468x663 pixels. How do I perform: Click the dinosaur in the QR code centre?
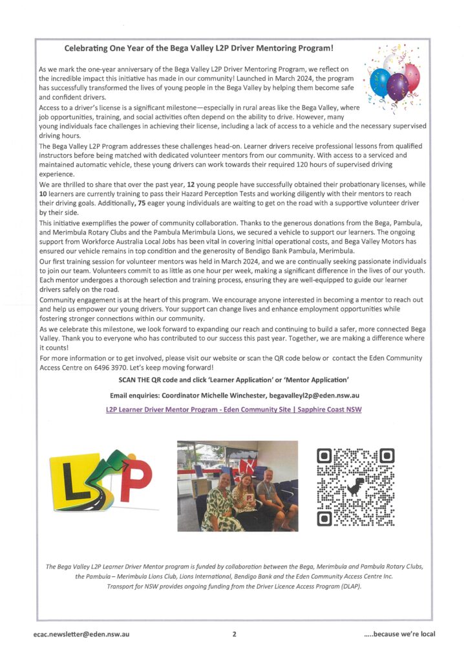point(352,487)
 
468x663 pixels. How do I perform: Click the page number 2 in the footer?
point(234,635)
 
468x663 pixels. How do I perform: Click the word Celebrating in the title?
point(92,47)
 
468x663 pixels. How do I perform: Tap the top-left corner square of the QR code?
point(326,457)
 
